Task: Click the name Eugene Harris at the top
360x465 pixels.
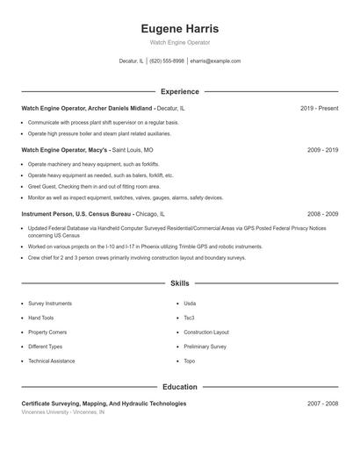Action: click(x=179, y=29)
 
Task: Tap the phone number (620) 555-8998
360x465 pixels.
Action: click(x=167, y=61)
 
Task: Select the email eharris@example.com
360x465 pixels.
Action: click(x=216, y=61)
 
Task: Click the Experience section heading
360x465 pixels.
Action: click(x=179, y=91)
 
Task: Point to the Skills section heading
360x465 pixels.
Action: click(x=179, y=283)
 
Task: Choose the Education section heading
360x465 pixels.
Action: click(x=179, y=386)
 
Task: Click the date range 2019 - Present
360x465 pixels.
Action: click(x=319, y=108)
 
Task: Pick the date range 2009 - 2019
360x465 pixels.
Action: click(x=322, y=150)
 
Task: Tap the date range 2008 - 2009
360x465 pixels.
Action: click(x=322, y=213)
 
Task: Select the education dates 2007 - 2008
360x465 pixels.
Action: click(x=322, y=404)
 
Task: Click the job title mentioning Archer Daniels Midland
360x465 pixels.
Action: click(x=87, y=108)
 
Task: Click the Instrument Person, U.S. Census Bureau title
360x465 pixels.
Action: click(x=77, y=213)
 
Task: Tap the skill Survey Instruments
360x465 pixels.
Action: click(x=50, y=303)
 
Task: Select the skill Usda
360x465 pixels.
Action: click(x=190, y=303)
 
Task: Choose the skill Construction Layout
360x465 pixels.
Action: click(x=205, y=333)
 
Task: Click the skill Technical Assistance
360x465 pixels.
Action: click(x=51, y=361)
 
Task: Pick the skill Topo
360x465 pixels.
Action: click(x=189, y=361)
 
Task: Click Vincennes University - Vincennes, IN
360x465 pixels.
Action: click(x=62, y=411)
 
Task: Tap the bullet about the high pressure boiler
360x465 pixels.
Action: click(x=99, y=133)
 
